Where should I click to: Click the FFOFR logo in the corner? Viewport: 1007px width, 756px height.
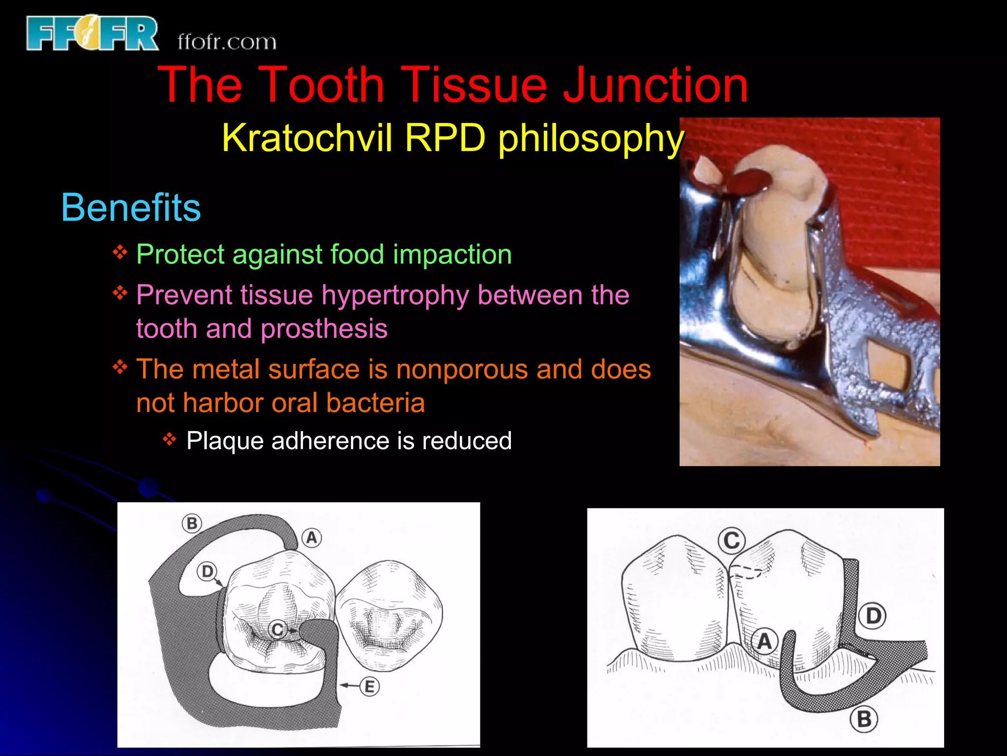pos(92,33)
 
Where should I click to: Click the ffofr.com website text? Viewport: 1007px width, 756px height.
pos(227,42)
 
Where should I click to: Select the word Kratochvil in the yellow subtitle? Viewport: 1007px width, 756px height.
pos(307,138)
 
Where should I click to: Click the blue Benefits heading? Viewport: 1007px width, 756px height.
pos(131,208)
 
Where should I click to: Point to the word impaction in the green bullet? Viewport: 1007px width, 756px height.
pos(452,254)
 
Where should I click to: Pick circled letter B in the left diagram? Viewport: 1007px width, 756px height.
pos(192,523)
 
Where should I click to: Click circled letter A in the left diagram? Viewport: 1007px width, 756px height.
pos(311,537)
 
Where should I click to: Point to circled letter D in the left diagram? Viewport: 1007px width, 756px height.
pos(207,571)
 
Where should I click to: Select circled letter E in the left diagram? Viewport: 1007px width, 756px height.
pos(370,687)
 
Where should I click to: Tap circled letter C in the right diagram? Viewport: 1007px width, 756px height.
pos(732,541)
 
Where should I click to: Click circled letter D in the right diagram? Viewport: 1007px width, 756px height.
pos(873,616)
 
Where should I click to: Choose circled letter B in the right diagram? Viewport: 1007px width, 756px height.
pos(864,720)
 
